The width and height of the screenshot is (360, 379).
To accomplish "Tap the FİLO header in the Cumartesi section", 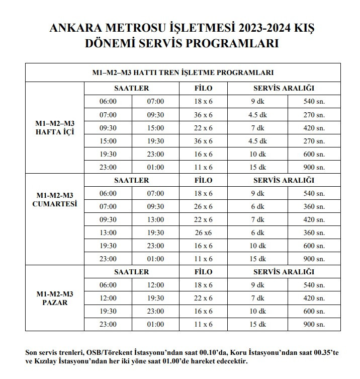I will click(203, 180).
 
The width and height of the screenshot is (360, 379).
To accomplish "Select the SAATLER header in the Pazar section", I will click(131, 272).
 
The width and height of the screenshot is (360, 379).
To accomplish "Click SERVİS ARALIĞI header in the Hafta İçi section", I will click(284, 88).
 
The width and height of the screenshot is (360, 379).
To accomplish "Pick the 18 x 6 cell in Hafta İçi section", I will click(203, 102).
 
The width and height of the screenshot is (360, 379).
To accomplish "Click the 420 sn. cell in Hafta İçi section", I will click(314, 128).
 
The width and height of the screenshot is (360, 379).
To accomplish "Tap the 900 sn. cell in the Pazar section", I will click(314, 325).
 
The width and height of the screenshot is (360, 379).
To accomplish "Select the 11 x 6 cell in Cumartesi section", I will click(203, 259).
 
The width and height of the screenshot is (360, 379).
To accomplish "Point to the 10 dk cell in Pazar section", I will click(257, 312).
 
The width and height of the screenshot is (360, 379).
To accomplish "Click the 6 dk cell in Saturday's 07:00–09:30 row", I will click(257, 206).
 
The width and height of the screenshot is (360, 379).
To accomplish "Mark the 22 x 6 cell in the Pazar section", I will click(203, 298).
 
